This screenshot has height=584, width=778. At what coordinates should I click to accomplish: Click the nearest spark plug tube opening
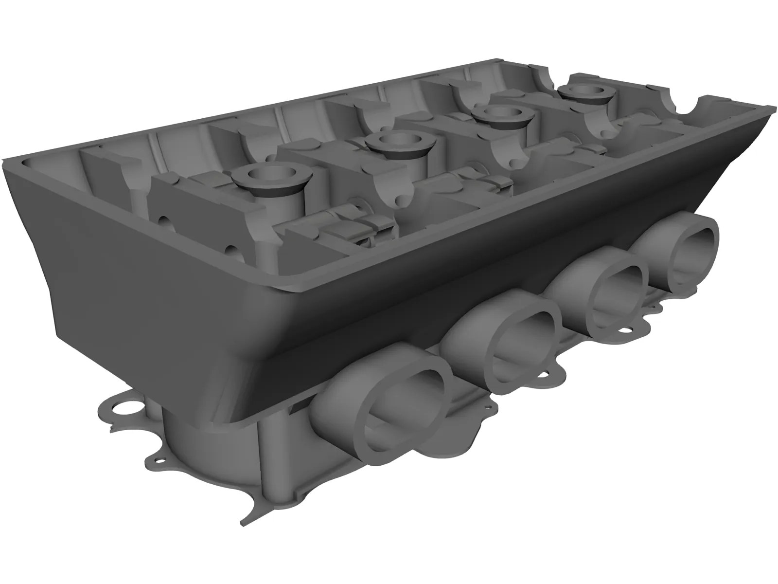coord(265,173)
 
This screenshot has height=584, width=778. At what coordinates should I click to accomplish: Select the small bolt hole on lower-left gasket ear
coord(158,460)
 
